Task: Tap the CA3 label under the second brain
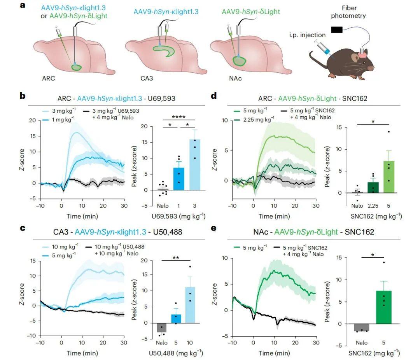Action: pos(147,78)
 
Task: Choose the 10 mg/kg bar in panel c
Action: pos(189,305)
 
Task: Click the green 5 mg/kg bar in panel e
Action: pos(383,307)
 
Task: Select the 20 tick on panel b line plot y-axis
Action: pos(33,121)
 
